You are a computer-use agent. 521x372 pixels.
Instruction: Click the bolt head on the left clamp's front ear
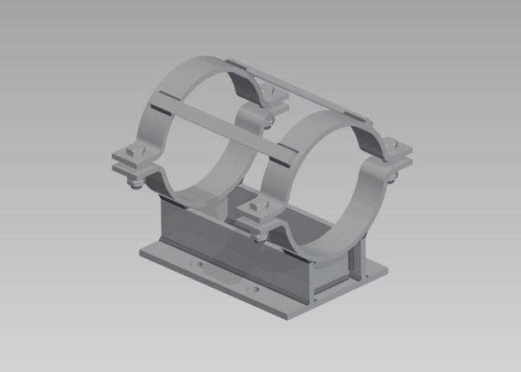click(x=134, y=153)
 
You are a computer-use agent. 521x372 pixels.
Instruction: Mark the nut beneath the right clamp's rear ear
click(x=392, y=176)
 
